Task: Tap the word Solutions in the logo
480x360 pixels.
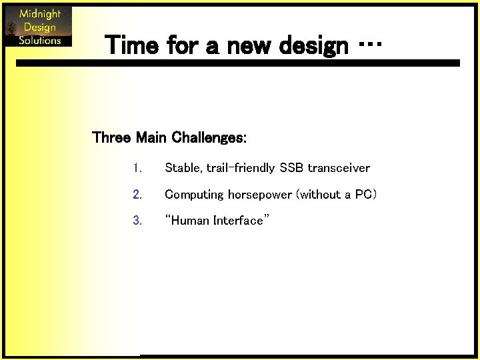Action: click(40, 40)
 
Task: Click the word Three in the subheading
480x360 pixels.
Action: click(111, 138)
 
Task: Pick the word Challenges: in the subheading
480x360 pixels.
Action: click(209, 138)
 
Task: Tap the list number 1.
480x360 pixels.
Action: click(137, 168)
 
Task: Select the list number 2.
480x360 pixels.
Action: click(137, 195)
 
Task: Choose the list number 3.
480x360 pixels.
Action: click(137, 221)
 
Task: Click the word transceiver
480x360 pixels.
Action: click(339, 168)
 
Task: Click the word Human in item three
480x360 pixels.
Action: click(191, 221)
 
